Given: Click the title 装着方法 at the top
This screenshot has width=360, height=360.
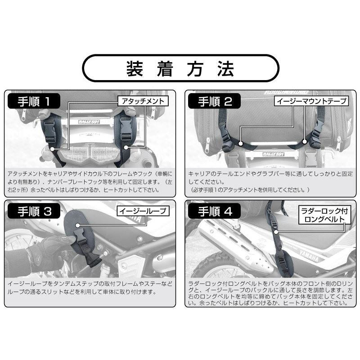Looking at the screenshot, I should [180, 68].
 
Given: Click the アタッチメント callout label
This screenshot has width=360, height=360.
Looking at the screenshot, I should [143, 101].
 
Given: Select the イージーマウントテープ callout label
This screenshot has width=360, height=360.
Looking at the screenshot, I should [311, 101].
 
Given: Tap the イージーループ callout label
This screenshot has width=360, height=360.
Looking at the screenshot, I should [143, 211].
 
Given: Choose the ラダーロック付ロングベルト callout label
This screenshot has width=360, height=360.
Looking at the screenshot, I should [324, 215].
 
